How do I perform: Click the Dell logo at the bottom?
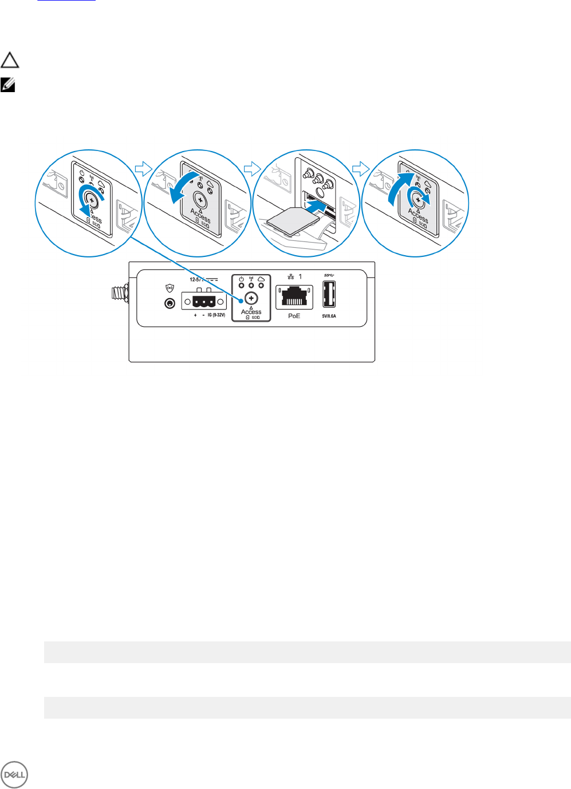(x=14, y=775)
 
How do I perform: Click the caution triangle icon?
(x=10, y=60)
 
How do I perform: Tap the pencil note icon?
(x=8, y=85)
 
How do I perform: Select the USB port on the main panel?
(x=329, y=295)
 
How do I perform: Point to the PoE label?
(x=294, y=316)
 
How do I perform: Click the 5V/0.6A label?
(x=329, y=316)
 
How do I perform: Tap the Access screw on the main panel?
(x=251, y=299)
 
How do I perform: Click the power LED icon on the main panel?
(x=241, y=279)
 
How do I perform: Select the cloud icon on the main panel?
(x=261, y=279)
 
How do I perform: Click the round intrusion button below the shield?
(x=170, y=303)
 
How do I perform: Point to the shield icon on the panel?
(x=170, y=288)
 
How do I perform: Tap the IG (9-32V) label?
(x=216, y=315)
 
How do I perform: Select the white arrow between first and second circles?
(x=143, y=168)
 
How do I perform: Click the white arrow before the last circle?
(x=360, y=168)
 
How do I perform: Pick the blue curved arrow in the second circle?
(x=184, y=186)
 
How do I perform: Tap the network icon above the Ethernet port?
(x=291, y=277)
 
